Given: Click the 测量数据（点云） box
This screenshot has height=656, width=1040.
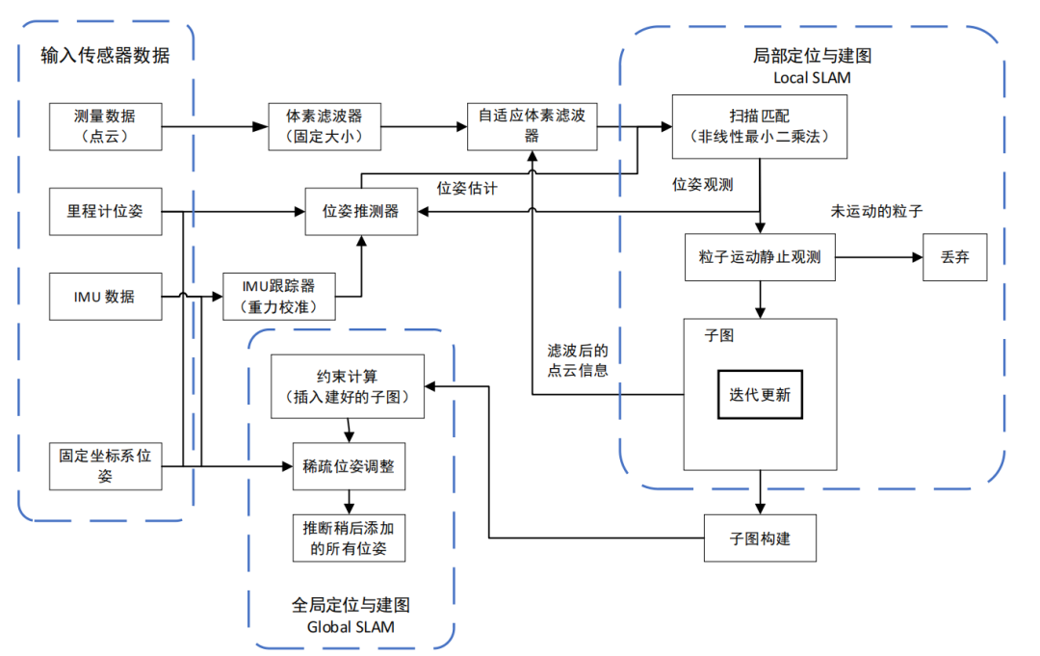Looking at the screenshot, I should tap(106, 126).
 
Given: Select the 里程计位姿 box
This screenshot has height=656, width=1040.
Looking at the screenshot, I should tap(106, 211).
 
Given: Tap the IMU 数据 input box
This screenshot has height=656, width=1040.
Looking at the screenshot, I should tap(106, 296).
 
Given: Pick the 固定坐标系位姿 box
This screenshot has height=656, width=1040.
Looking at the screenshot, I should tap(106, 465).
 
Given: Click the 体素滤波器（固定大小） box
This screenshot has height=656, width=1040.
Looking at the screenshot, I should tap(324, 126).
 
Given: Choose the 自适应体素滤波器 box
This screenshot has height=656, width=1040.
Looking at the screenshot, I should tap(532, 126).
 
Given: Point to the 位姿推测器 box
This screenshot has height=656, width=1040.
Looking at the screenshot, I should tap(360, 211).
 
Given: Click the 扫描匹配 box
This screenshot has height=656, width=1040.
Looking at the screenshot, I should tap(761, 126).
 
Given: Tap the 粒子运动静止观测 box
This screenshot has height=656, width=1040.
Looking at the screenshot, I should tap(761, 257).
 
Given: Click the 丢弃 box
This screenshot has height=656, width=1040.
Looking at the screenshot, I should tap(954, 257).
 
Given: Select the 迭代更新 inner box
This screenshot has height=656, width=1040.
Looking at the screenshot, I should tap(760, 395).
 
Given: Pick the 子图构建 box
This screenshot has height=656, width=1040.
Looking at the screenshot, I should tap(761, 538).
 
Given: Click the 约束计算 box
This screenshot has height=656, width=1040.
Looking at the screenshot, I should tap(347, 386).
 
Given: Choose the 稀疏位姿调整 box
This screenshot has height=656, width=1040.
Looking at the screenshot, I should tap(347, 466).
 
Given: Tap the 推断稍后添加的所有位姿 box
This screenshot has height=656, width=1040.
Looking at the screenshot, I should tap(347, 538).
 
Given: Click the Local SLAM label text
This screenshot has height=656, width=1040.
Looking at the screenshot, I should tap(812, 77).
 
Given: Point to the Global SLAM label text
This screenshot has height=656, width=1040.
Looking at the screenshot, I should tap(351, 626).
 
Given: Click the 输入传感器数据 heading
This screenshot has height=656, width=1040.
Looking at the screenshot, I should tap(105, 55).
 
